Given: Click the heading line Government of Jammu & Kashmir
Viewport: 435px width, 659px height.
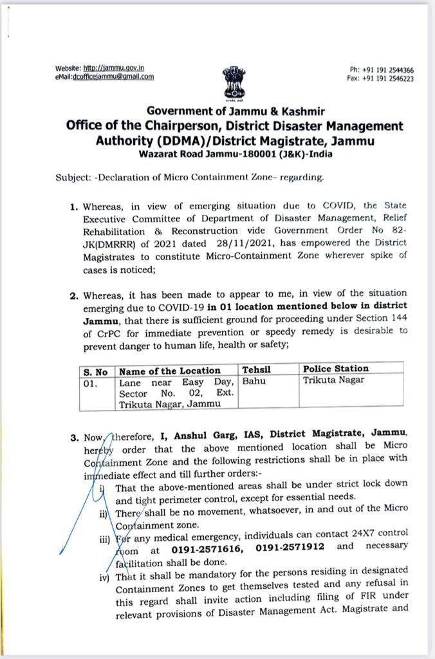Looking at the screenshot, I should click(235, 111).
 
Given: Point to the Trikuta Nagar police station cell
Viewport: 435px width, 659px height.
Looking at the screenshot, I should click(333, 380).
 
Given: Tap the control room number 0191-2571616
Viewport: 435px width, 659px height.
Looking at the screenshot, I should click(205, 546).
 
